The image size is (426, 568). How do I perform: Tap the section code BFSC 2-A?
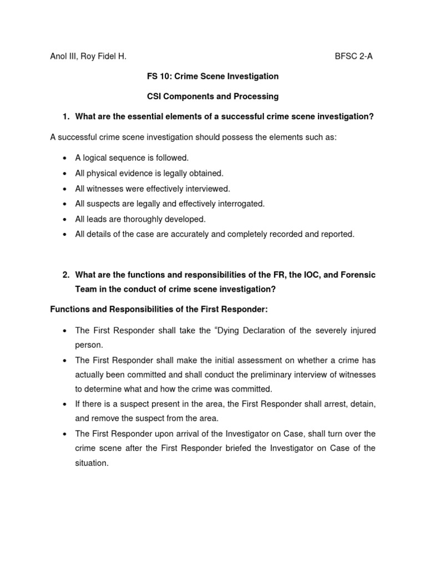click(x=354, y=56)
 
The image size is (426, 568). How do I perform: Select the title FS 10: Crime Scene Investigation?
click(x=212, y=76)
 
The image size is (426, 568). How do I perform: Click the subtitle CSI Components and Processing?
click(x=212, y=97)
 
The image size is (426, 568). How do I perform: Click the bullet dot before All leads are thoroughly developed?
click(x=65, y=220)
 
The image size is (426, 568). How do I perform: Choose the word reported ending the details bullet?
click(x=337, y=234)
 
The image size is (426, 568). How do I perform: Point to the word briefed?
click(x=217, y=448)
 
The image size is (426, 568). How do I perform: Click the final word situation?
click(x=92, y=463)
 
